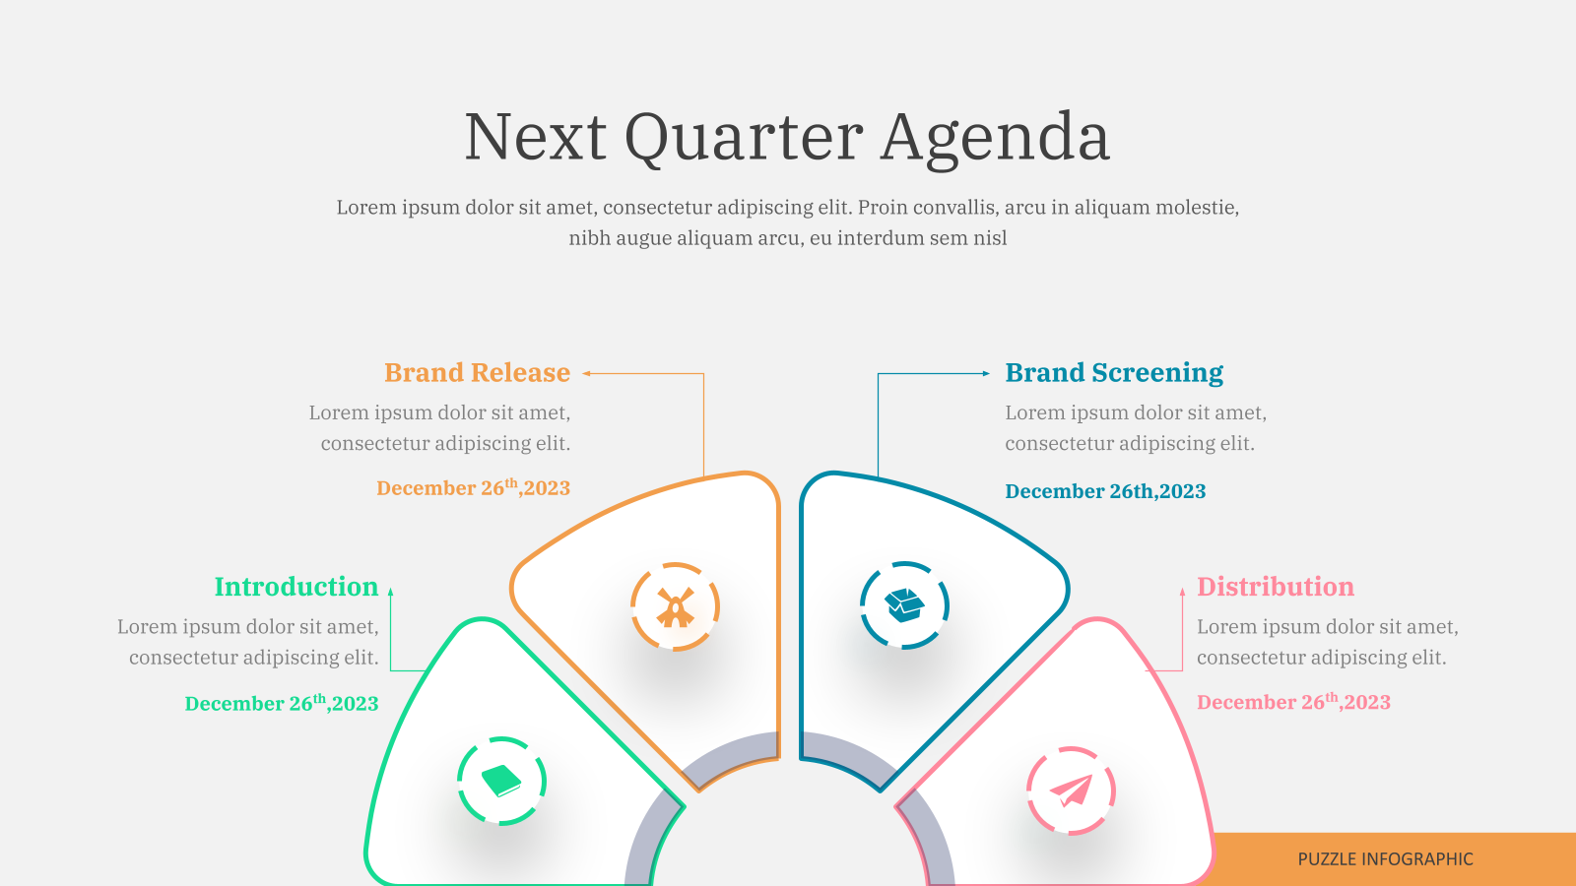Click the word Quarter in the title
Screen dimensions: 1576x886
tap(744, 139)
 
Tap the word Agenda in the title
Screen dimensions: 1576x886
tap(996, 139)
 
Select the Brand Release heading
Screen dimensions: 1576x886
tap(477, 373)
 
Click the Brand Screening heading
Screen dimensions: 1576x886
tap(1114, 373)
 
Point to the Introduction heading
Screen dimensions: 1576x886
tap(296, 587)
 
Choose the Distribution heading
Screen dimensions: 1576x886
tap(1276, 587)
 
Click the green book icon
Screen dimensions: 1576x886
tap(501, 781)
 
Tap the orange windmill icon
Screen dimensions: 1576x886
tap(676, 606)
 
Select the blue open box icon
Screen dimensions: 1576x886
tap(904, 604)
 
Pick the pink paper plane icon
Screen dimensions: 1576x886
tap(1071, 791)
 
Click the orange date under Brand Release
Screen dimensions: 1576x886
tap(474, 487)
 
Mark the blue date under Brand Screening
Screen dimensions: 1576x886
tap(1105, 491)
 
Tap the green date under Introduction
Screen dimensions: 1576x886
tap(282, 703)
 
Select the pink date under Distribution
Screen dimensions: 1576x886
tap(1294, 701)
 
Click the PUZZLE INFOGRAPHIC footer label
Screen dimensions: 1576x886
tap(1385, 859)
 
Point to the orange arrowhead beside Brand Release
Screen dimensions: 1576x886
tap(586, 373)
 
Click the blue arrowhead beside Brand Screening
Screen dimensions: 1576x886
tap(986, 373)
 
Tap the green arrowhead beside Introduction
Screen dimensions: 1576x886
tap(390, 592)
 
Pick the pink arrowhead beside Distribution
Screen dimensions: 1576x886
tap(1182, 592)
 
